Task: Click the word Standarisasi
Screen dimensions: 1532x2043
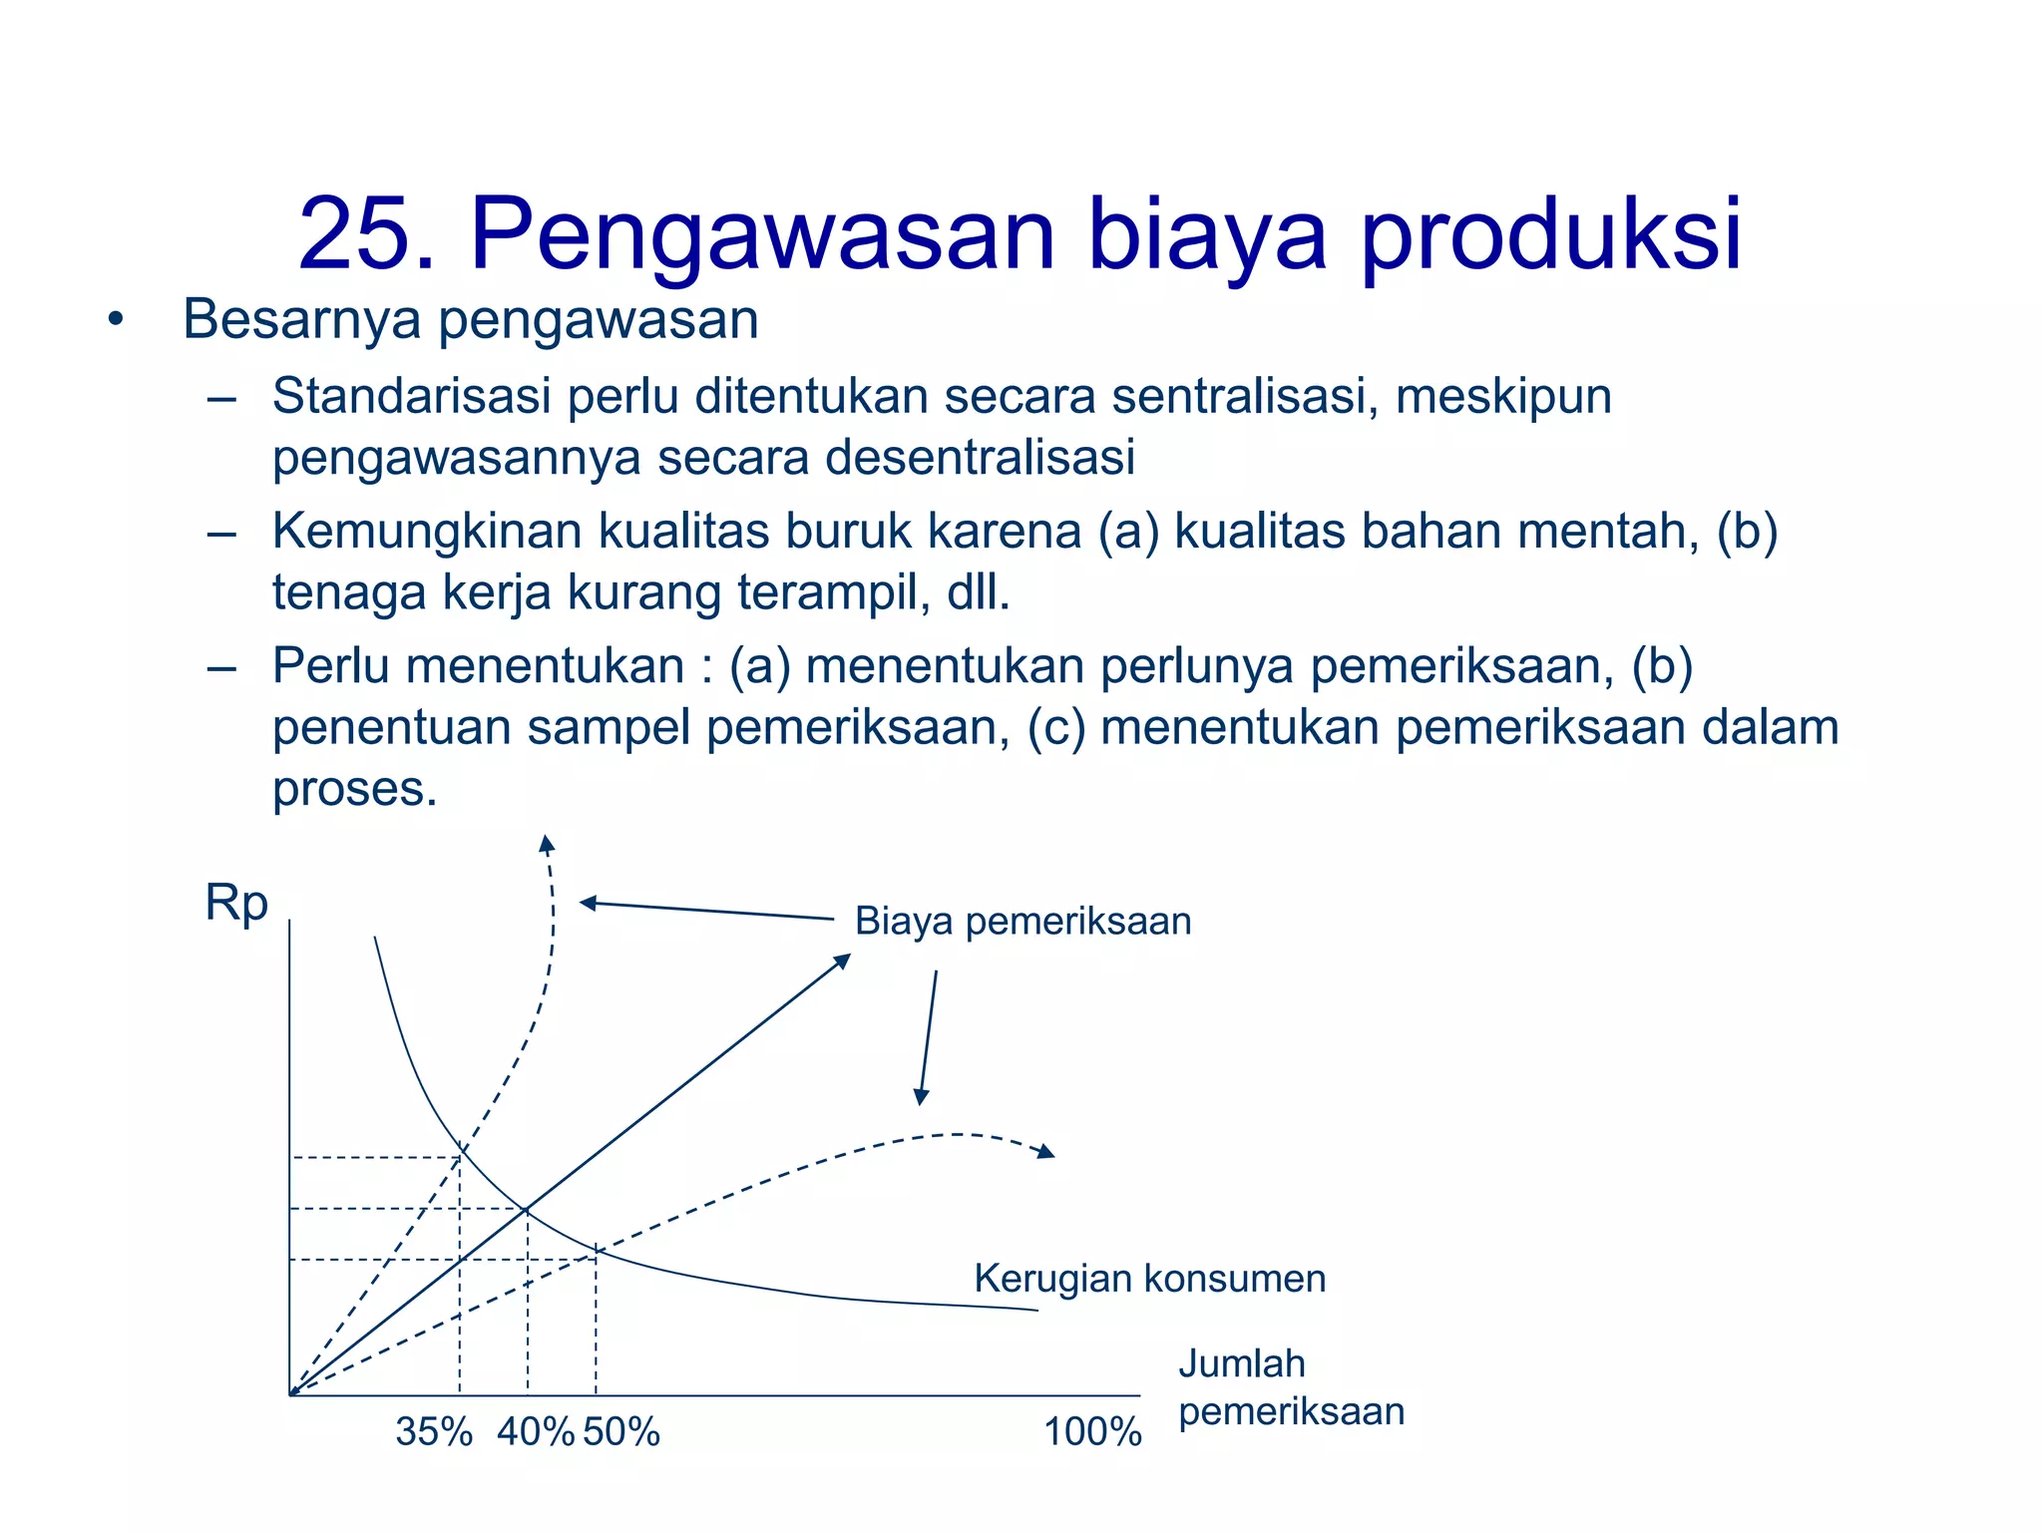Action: point(411,396)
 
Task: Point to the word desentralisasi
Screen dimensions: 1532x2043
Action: point(980,458)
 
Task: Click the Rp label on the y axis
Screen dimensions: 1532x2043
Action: point(236,904)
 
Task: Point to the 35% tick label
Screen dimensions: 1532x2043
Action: point(434,1432)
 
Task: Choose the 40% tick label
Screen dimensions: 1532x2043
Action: point(536,1432)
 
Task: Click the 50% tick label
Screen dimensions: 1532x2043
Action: point(621,1432)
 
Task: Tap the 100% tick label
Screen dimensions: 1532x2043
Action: point(1092,1433)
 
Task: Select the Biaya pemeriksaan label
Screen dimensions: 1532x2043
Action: point(1022,921)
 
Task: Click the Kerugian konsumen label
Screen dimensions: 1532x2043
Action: point(1150,1279)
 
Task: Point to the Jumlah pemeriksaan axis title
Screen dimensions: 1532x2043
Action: point(1291,1387)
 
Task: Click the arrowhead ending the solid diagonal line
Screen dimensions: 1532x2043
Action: point(843,960)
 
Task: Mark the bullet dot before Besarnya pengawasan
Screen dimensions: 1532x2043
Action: point(117,321)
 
